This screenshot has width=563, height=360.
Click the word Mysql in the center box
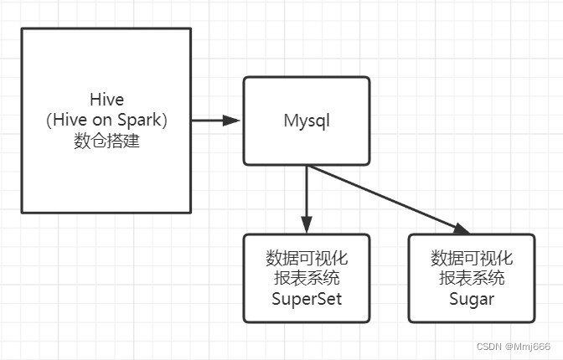[307, 121]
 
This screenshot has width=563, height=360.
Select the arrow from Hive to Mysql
[214, 121]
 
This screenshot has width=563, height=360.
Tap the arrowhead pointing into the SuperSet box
[307, 225]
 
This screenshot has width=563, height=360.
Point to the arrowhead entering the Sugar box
[460, 229]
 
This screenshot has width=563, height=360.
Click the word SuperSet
[307, 299]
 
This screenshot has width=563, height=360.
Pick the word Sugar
[471, 299]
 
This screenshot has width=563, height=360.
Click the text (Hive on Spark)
[107, 121]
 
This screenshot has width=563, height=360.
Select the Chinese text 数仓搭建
[107, 141]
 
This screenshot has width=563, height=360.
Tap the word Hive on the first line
[107, 100]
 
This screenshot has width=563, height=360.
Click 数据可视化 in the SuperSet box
[307, 257]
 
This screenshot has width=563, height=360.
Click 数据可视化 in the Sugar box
[471, 257]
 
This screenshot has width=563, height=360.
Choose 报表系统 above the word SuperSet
[307, 278]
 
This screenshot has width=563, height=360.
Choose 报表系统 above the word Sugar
[471, 278]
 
